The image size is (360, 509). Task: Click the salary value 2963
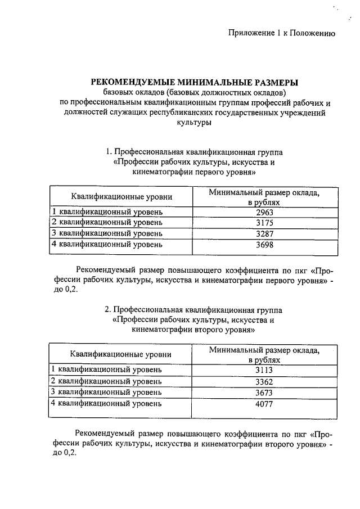264,212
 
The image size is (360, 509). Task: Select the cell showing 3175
264,223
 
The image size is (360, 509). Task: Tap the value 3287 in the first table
264,233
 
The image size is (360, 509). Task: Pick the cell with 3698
264,244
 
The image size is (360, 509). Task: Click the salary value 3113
264,370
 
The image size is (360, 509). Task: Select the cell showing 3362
264,381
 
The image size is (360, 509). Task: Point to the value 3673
264,392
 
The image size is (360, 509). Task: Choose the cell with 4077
264,403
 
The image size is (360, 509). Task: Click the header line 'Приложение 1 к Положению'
282,33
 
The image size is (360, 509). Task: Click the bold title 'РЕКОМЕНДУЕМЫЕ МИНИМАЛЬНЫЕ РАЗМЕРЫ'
194,82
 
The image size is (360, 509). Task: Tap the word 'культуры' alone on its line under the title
194,122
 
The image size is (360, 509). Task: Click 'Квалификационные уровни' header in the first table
121,197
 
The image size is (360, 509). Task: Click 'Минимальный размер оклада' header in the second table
264,350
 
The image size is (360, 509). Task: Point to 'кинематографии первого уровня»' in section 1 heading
194,172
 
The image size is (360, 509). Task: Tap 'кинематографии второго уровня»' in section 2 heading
194,330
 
